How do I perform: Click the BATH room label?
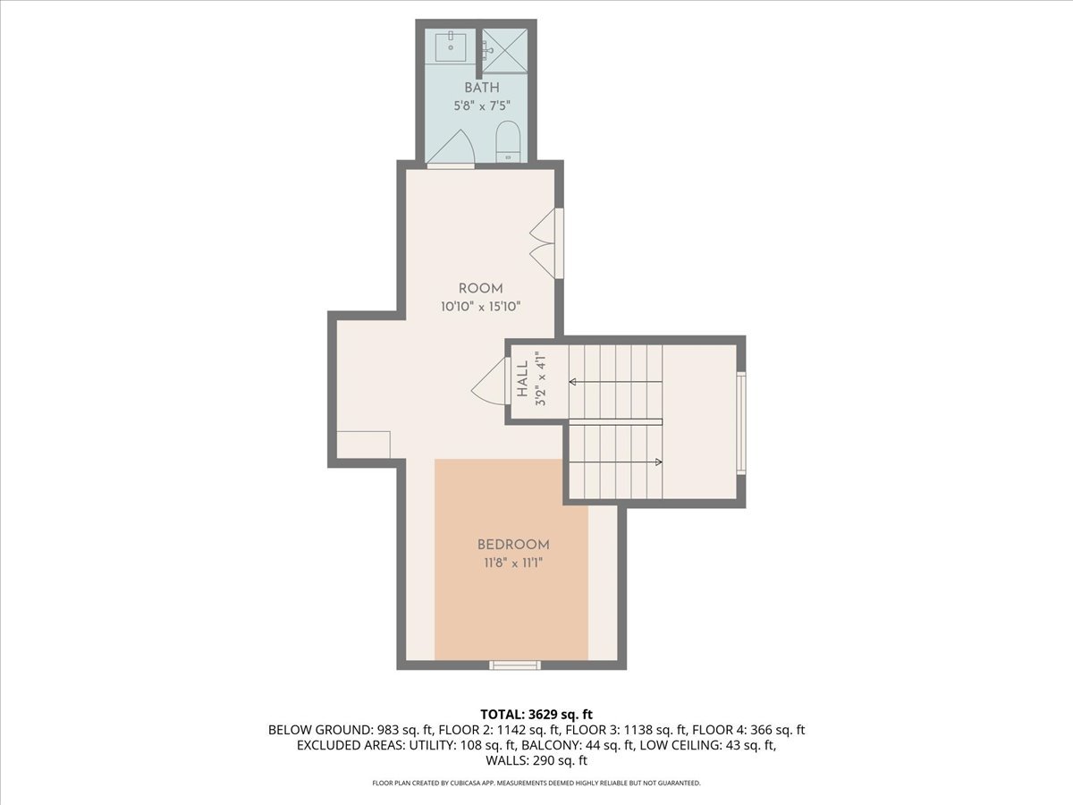[481, 88]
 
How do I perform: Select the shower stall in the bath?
[505, 50]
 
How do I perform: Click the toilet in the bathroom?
[508, 142]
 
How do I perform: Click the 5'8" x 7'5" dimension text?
[481, 105]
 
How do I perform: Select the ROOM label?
[480, 289]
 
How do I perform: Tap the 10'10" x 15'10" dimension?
[480, 306]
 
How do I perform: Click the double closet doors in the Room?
[545, 244]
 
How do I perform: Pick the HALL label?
[522, 380]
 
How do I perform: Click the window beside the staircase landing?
[740, 421]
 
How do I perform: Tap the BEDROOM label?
[512, 544]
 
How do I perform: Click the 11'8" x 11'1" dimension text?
[512, 563]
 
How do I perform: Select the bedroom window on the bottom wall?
[515, 665]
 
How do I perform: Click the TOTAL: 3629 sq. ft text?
[536, 714]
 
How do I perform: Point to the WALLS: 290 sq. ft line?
[536, 761]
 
